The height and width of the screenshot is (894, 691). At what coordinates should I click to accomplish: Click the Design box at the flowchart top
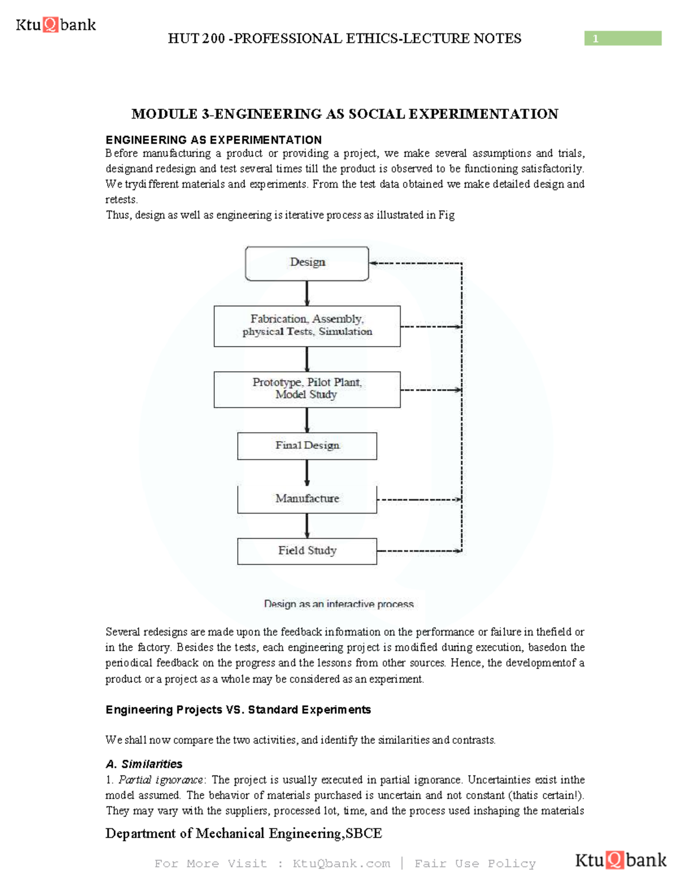(x=307, y=263)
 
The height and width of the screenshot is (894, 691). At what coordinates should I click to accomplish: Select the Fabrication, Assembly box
(x=307, y=326)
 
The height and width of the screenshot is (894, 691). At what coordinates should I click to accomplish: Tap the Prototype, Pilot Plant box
(x=307, y=389)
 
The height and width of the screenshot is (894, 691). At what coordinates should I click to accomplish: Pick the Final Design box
(x=307, y=446)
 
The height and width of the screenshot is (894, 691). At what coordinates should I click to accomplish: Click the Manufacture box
(x=307, y=499)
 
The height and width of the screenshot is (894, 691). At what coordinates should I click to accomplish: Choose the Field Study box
(x=307, y=551)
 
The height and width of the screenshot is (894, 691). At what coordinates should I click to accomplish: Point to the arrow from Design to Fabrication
(x=307, y=293)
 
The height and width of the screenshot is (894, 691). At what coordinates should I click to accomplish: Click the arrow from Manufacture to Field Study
(x=307, y=526)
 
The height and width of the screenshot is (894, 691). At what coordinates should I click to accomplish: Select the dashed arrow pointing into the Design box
(x=415, y=263)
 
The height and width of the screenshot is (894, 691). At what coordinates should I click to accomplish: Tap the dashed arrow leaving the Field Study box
(x=419, y=551)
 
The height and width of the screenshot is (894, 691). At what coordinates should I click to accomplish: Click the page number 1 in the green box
(x=596, y=39)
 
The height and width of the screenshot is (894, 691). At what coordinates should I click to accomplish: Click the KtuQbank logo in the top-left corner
(x=55, y=25)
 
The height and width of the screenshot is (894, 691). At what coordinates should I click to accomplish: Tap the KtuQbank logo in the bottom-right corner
(x=620, y=860)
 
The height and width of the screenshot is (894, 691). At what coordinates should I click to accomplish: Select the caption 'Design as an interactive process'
(x=339, y=604)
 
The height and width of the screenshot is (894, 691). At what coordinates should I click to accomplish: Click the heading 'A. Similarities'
(x=144, y=764)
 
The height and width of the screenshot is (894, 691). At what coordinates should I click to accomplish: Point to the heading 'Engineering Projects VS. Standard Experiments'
(x=238, y=710)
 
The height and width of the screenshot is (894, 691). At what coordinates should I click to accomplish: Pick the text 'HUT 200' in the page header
(x=196, y=39)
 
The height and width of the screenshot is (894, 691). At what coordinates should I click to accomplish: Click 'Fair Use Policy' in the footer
(x=475, y=863)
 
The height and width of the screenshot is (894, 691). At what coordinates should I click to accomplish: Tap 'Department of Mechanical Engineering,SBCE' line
(x=244, y=834)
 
